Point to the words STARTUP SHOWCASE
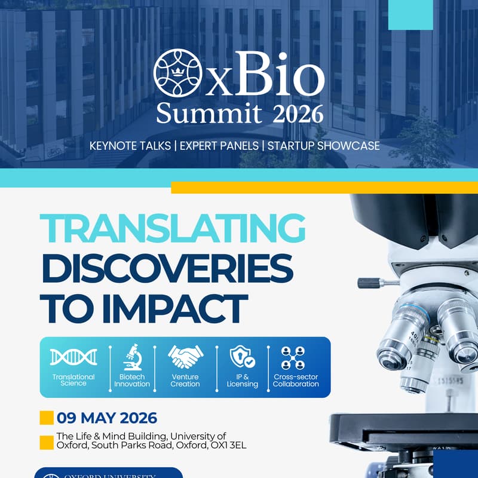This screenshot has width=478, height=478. [x=323, y=146]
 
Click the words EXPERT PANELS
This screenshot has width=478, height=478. [x=224, y=146]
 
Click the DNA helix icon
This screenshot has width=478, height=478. [x=73, y=357]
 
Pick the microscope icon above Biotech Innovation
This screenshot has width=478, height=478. [x=131, y=357]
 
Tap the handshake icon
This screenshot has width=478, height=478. [x=185, y=357]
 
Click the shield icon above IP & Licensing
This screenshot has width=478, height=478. [x=242, y=357]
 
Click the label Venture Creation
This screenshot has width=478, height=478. [x=185, y=381]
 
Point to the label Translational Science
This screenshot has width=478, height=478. [x=73, y=381]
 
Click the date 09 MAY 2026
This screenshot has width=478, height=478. [x=107, y=418]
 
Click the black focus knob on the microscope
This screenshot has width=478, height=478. [x=369, y=282]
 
